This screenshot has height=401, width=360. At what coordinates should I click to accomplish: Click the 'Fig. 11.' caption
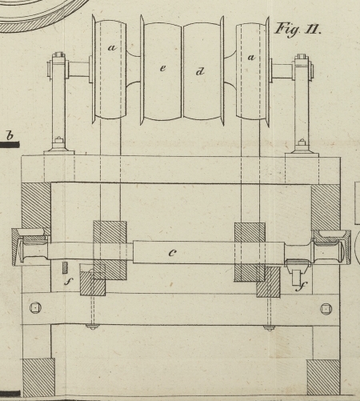(298, 30)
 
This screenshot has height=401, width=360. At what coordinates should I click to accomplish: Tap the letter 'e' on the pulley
(163, 68)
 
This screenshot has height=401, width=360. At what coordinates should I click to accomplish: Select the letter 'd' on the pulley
(200, 71)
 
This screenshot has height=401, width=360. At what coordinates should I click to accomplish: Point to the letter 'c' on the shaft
(173, 253)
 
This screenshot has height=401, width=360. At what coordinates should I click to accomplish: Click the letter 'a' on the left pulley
(113, 48)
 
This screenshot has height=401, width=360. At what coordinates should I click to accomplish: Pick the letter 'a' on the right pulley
(251, 57)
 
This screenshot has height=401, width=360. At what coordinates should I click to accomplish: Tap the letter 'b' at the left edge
(10, 135)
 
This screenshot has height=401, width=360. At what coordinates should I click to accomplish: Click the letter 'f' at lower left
(69, 281)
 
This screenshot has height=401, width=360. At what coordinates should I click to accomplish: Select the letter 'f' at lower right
(302, 287)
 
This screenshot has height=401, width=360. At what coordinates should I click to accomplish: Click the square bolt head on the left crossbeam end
(35, 308)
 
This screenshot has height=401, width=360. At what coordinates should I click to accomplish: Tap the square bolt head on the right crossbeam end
(326, 309)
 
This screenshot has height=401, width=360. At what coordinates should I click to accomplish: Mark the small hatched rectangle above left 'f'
(65, 267)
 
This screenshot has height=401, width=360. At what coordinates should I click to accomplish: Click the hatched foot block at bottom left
(39, 377)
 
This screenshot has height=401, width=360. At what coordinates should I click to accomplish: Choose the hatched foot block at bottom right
(323, 378)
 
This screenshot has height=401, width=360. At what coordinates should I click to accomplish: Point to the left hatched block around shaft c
(110, 251)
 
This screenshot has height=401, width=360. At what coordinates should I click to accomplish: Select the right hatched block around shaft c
(250, 252)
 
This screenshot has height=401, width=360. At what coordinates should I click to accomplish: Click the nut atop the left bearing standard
(58, 55)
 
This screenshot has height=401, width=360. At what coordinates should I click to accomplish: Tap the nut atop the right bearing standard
(301, 57)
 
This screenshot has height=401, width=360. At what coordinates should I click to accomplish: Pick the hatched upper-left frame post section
(36, 206)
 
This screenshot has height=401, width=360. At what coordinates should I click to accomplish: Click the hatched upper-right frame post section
(326, 207)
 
